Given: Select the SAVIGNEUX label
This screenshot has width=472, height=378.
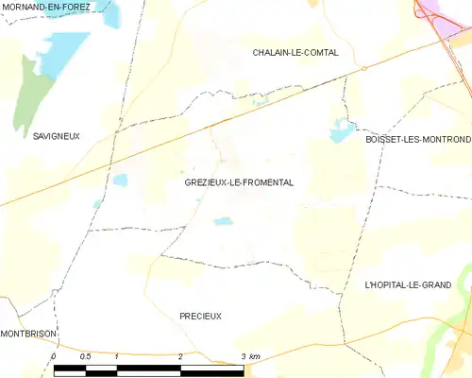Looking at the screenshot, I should click(29, 136).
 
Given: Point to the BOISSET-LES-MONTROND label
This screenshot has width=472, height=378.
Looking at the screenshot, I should click(417, 139).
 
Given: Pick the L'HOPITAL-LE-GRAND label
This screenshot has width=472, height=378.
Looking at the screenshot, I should click(409, 283).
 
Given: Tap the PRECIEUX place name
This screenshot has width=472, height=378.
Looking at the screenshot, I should click(200, 316).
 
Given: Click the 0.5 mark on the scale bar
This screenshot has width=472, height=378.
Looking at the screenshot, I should click(85, 355).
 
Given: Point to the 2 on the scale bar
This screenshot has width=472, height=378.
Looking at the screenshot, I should click(179, 355).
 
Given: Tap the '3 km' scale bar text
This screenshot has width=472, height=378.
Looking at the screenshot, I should click(250, 355).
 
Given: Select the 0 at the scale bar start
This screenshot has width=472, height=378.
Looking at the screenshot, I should click(54, 355).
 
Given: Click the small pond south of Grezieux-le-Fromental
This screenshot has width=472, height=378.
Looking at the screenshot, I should click(223, 222).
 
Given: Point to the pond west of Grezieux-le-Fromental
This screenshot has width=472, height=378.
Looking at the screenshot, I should click(120, 180).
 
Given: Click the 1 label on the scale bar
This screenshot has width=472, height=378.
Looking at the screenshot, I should click(115, 355).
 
